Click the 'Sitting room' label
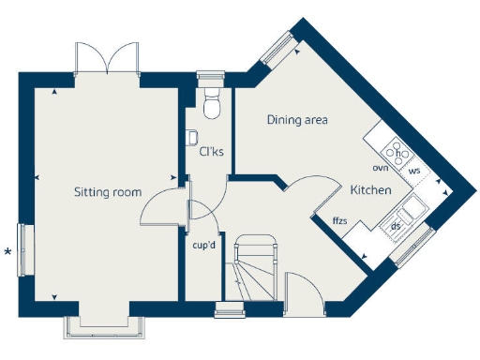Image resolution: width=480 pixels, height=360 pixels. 108,192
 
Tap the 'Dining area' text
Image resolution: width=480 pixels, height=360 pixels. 297,120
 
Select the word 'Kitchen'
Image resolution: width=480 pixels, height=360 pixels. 370,190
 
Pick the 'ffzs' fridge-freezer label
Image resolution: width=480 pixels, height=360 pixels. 340,220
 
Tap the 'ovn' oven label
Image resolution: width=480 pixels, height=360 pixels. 380,168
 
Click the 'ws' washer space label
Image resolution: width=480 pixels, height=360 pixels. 414,171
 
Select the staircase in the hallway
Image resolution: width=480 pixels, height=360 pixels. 254,268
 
